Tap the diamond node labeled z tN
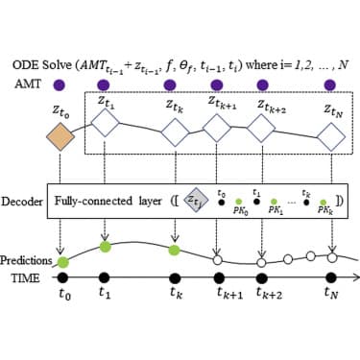click(x=332, y=136)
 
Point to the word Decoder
click(x=26, y=204)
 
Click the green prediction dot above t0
click(x=63, y=261)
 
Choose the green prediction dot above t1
click(x=104, y=246)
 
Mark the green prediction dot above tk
click(x=175, y=251)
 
